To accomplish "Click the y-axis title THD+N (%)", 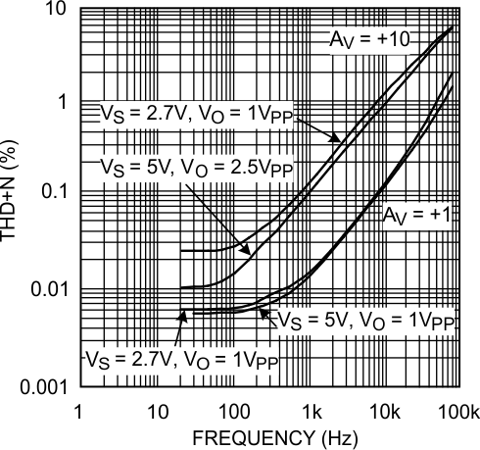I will tap(11, 198).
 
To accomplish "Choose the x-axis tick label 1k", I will tap(312, 407).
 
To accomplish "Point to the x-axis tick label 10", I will tap(155, 407).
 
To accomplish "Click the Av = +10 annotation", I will tap(367, 39).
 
